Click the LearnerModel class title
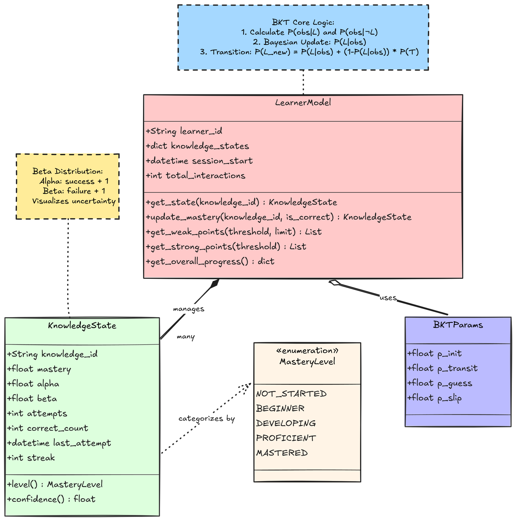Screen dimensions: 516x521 tap(303, 103)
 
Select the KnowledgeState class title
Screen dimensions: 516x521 tap(82, 326)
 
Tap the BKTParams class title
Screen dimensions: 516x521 tap(458, 324)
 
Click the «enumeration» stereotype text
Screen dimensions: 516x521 tap(307, 351)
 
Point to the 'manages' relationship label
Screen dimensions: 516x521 tap(188, 309)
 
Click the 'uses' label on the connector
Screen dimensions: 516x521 tap(388, 298)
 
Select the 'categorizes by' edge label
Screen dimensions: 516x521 tap(206, 418)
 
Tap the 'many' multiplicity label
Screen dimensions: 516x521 tap(186, 337)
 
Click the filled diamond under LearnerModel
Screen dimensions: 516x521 tap(215, 283)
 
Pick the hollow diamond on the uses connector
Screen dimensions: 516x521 tap(335, 282)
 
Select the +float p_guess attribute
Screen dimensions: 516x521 tap(440, 383)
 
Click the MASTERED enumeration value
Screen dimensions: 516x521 tap(282, 453)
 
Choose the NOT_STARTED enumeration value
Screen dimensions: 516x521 tap(291, 394)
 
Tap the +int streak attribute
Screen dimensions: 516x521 tap(31, 458)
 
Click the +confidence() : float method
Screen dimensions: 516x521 tap(51, 499)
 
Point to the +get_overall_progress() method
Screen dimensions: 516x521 tap(210, 261)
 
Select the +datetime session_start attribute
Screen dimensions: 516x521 tap(199, 161)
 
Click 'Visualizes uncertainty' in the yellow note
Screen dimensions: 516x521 tap(74, 201)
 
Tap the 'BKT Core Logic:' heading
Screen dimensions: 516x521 tap(303, 22)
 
